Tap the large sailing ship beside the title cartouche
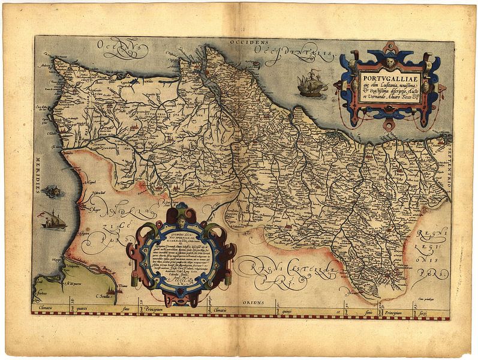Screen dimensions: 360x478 point(311,85)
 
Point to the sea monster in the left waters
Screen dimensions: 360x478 point(52,191)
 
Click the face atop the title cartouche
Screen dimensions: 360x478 point(390,62)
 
